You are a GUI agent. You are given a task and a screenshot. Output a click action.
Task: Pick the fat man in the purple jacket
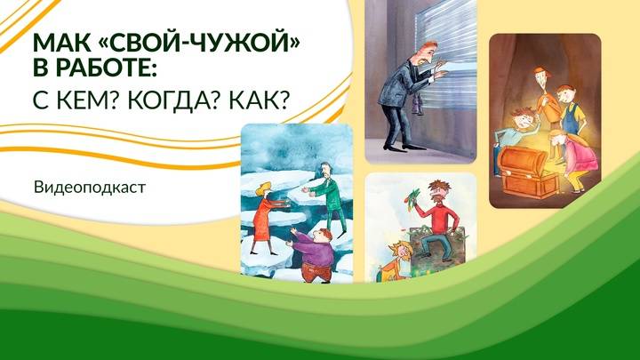pos(315,258)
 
